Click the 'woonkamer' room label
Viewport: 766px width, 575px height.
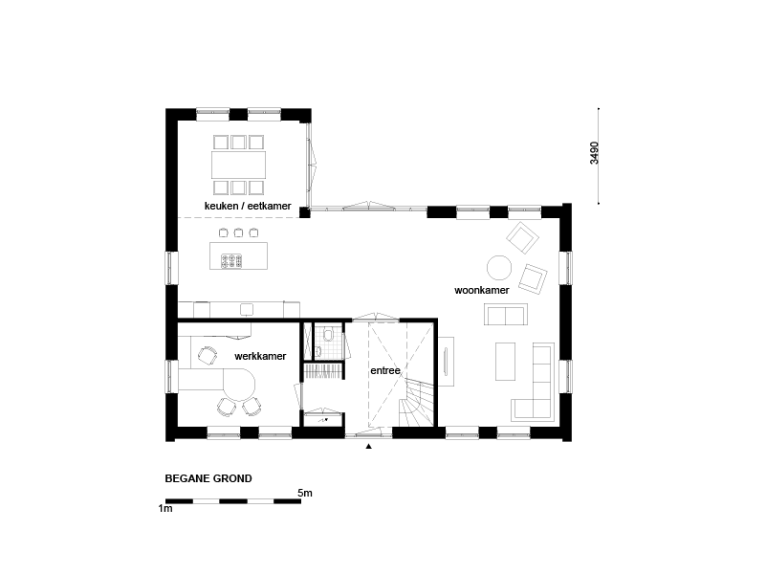tap(482, 290)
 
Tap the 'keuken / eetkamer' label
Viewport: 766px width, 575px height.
tap(248, 206)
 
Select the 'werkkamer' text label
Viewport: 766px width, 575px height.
tap(260, 356)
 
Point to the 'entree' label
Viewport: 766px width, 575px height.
tap(385, 370)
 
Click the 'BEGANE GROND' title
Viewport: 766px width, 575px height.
tap(208, 478)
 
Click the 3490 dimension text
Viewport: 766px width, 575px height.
tap(594, 153)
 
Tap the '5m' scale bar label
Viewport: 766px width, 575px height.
tap(305, 493)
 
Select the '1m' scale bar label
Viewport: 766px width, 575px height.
tap(165, 508)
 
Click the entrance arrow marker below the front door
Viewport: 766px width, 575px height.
tap(369, 446)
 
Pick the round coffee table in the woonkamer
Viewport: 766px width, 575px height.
tap(499, 268)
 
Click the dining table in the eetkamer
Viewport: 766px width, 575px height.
tap(238, 165)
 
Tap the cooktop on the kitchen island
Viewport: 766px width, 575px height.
tap(231, 261)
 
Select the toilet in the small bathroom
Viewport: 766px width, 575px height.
tap(328, 335)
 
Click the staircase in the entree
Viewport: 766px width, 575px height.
tap(416, 404)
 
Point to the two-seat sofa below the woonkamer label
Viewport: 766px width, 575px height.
tap(506, 315)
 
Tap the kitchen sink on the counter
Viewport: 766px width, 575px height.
tap(247, 309)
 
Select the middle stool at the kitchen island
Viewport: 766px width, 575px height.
tap(238, 232)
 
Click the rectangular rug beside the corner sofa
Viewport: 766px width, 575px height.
tap(506, 362)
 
